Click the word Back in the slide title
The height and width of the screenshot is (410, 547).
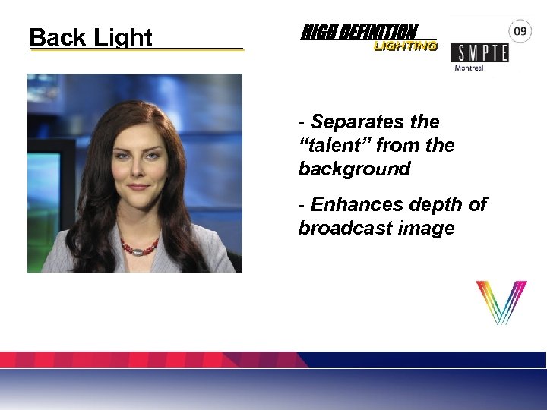(x=57, y=36)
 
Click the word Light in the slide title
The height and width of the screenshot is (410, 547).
(x=122, y=37)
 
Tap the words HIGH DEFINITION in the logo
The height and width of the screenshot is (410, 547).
(x=359, y=32)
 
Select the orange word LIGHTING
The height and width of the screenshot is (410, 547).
(x=405, y=46)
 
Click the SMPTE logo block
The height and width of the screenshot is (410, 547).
(x=479, y=52)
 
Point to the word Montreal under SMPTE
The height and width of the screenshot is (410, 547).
(x=469, y=68)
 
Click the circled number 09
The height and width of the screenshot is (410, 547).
(x=520, y=31)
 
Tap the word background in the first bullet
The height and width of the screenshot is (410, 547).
(x=354, y=169)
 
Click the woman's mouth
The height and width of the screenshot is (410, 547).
(x=138, y=186)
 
